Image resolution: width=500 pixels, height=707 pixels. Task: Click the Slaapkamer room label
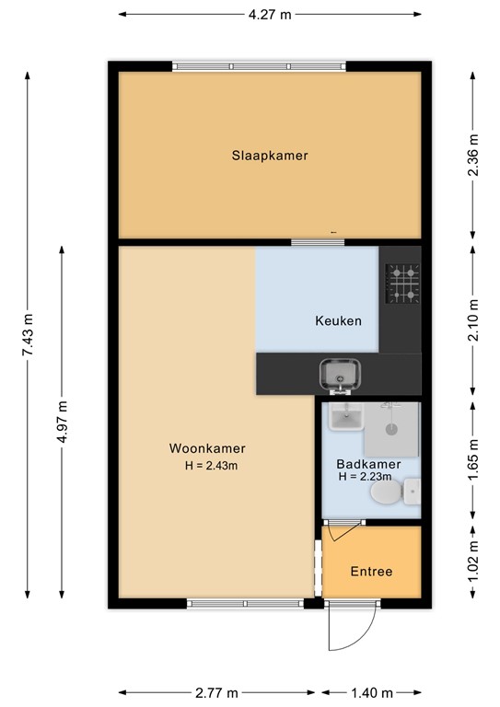269,156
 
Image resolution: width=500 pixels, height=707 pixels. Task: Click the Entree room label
371,572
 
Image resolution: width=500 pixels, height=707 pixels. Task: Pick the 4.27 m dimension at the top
270,14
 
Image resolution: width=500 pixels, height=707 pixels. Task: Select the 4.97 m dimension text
62,421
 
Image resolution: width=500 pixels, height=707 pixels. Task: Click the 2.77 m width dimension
217,693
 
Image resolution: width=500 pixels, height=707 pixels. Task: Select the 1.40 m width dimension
372,693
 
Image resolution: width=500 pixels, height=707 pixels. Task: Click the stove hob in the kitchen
401,284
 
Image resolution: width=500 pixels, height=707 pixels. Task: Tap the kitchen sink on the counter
338,374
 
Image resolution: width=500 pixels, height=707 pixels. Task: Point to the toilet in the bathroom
388,496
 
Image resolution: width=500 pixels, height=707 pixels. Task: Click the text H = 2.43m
212,466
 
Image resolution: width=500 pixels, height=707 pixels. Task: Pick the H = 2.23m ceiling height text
365,477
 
